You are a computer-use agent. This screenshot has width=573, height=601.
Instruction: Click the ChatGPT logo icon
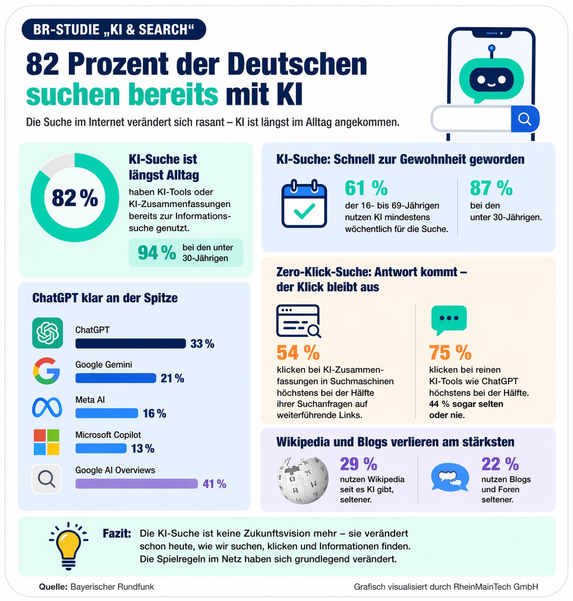47,333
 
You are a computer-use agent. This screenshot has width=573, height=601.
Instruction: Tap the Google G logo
46,371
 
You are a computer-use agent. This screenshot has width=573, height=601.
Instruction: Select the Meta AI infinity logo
47,407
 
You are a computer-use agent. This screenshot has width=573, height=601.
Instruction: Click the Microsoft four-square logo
46,442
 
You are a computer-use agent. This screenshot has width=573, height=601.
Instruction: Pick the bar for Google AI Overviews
137,484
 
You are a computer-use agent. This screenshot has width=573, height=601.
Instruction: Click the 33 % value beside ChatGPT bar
202,344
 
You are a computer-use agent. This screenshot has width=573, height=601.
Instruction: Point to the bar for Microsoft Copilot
101,448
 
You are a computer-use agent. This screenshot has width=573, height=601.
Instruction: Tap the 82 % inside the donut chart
75,198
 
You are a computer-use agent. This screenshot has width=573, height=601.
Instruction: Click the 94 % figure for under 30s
156,253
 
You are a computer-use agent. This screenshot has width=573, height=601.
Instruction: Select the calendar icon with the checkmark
304,204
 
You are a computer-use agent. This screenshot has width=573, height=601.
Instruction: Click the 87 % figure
491,188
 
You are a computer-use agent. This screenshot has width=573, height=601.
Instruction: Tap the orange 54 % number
298,352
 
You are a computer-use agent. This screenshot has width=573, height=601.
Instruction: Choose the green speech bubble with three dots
449,320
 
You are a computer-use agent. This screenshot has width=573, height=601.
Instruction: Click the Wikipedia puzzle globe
303,480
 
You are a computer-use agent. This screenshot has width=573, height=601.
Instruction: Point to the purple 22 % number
500,464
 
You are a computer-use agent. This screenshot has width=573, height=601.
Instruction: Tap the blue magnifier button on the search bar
525,119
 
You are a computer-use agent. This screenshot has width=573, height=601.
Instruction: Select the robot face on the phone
491,80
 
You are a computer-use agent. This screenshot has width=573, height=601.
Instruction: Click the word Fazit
116,533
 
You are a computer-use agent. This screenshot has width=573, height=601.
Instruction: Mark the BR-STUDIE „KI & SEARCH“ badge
114,29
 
